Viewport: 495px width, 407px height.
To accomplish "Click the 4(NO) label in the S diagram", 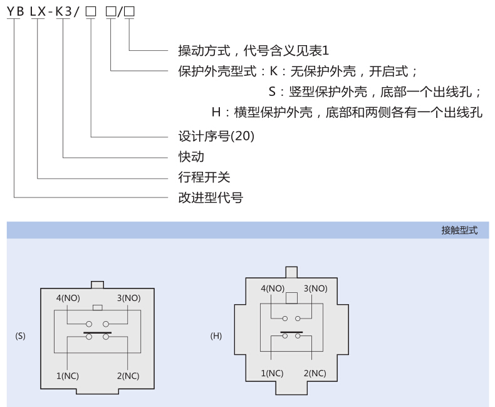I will tap(68, 298).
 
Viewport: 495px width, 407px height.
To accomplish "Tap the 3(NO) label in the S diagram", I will tap(128, 298).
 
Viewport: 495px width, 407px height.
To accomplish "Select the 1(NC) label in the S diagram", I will tap(68, 376).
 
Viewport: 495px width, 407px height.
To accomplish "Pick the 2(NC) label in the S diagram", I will tap(128, 376).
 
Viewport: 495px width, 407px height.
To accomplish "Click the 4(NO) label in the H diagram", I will tap(273, 288).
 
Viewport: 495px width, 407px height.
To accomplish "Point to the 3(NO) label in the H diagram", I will tap(315, 288).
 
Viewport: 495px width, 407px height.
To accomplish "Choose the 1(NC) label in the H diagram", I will tap(273, 373).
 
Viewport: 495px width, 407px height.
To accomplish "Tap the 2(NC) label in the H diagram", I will tap(315, 373).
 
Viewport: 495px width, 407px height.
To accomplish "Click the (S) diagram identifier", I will tap(20, 336).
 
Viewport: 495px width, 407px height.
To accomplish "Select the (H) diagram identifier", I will tap(216, 336).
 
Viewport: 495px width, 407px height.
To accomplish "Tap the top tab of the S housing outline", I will tap(97, 284).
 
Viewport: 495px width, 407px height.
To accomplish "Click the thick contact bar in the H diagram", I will tap(291, 331).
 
